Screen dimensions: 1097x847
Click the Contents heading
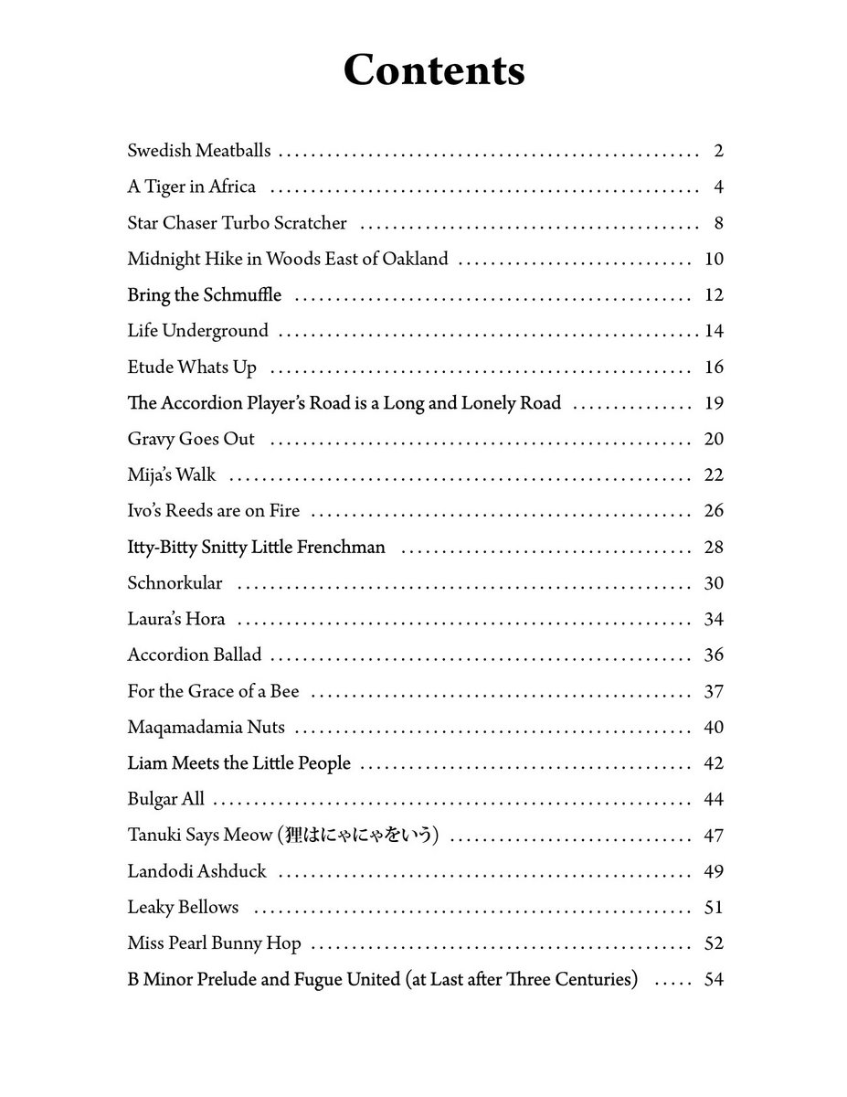(433, 70)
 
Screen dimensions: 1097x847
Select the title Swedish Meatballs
(199, 151)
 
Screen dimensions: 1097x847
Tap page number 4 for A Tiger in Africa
(718, 187)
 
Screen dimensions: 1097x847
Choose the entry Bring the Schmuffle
(205, 295)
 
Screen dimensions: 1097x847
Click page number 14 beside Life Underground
(714, 331)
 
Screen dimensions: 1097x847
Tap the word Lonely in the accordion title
(488, 403)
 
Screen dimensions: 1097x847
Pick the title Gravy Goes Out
(191, 439)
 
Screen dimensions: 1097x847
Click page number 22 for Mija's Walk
(714, 475)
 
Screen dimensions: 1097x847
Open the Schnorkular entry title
(175, 583)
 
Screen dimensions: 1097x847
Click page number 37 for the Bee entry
(714, 691)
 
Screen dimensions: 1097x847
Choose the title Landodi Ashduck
(197, 871)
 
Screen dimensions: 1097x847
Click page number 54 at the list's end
(714, 980)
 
